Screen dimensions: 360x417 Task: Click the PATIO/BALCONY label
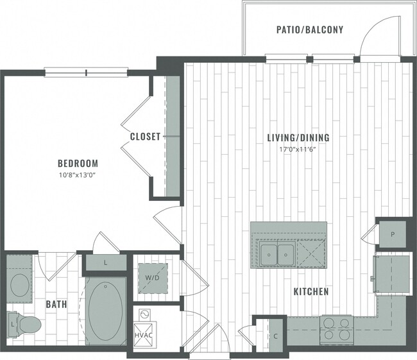(310, 30)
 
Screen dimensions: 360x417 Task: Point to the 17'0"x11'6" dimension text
(298, 149)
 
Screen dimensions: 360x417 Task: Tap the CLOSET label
(145, 137)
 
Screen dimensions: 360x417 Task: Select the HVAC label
(143, 335)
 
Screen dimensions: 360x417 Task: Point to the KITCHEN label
(311, 292)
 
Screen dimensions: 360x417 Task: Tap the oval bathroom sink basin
(19, 284)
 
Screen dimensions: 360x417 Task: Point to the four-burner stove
(336, 328)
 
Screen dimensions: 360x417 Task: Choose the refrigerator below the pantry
(391, 270)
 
